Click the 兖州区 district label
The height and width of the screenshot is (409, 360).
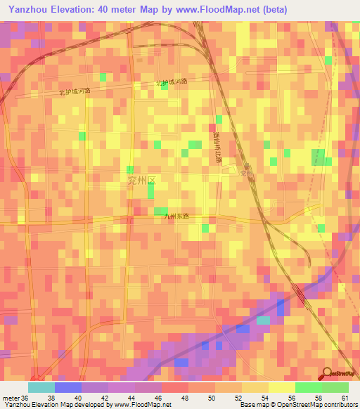click(140, 181)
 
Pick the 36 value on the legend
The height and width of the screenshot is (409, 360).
click(26, 397)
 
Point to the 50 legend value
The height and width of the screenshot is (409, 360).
click(214, 397)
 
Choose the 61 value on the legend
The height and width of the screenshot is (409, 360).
click(345, 397)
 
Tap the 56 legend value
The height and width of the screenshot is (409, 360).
click(294, 397)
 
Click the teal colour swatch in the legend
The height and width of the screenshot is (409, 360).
click(41, 387)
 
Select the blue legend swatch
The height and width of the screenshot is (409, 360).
click(67, 387)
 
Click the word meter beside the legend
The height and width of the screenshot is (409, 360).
click(11, 397)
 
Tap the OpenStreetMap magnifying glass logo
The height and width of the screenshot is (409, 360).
click(326, 372)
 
